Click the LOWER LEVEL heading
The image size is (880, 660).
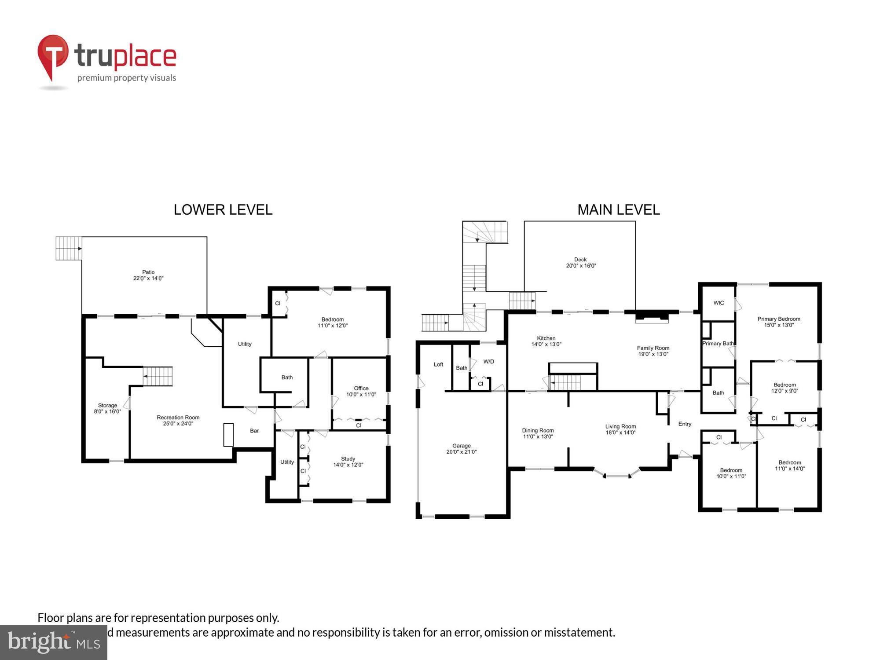coord(223,210)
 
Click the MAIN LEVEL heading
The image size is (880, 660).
coord(618,210)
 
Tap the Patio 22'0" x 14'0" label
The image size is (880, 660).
coord(148,275)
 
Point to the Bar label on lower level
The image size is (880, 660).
coord(254,431)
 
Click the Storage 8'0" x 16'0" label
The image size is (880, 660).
coord(107,408)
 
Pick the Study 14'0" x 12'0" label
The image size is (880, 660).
coord(348,462)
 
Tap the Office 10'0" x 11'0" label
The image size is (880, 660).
coord(361,391)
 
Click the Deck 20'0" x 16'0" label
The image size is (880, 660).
coord(581,263)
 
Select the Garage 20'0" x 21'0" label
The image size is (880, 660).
coord(462,449)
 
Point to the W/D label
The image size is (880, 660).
coord(489,362)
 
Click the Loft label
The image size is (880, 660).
coord(439,364)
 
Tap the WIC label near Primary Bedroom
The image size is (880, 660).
coord(719,303)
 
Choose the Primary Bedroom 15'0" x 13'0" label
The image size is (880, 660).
coord(779,322)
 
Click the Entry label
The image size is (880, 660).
coord(685,424)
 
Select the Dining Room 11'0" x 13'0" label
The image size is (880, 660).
coord(538,433)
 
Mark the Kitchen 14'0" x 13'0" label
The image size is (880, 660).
coord(546,341)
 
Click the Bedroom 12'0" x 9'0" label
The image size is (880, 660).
coord(785,388)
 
